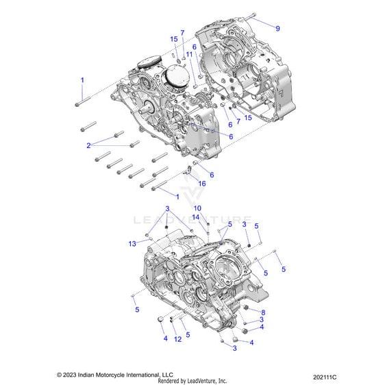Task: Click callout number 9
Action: click(x=277, y=29)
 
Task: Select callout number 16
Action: click(x=202, y=184)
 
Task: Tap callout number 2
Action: click(x=88, y=146)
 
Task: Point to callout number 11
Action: click(x=189, y=54)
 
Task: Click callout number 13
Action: click(x=132, y=244)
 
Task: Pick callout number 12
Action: click(x=177, y=339)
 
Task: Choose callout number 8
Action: click(x=263, y=312)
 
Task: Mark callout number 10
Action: click(x=197, y=208)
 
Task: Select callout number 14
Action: click(x=196, y=217)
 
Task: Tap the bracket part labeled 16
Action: click(x=188, y=171)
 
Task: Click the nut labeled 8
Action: click(x=246, y=308)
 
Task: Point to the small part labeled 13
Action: click(x=151, y=238)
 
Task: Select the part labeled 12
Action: click(x=172, y=319)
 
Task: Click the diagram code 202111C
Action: click(x=325, y=377)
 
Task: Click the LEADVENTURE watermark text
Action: click(x=192, y=220)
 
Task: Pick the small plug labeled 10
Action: click(x=208, y=224)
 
